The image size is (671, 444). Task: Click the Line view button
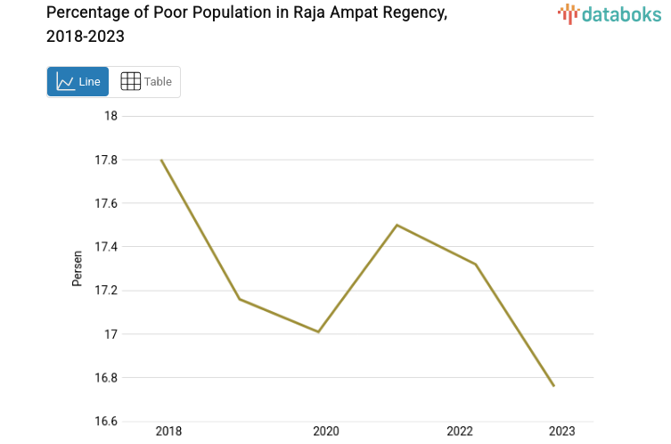pos(78,82)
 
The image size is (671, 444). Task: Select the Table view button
pos(146,82)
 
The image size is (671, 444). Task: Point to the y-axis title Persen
pos(78,268)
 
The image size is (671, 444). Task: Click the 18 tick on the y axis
pos(111,116)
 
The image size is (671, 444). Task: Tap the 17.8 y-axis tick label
pos(106,160)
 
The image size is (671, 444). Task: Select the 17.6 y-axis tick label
pos(106,203)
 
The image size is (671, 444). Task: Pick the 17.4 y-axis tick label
pos(106,247)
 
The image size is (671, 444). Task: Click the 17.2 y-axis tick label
pos(106,291)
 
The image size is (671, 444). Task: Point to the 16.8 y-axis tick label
pos(106,378)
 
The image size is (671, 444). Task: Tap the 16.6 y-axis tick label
pos(106,422)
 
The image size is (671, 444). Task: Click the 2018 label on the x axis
pos(168,432)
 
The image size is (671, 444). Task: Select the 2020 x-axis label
pos(326,432)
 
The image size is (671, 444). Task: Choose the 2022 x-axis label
pos(460,432)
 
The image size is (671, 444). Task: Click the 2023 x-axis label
pos(562,432)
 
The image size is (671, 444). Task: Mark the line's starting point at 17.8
pos(161,160)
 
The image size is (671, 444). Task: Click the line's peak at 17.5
pos(397,225)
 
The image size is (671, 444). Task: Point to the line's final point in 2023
pos(553,386)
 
